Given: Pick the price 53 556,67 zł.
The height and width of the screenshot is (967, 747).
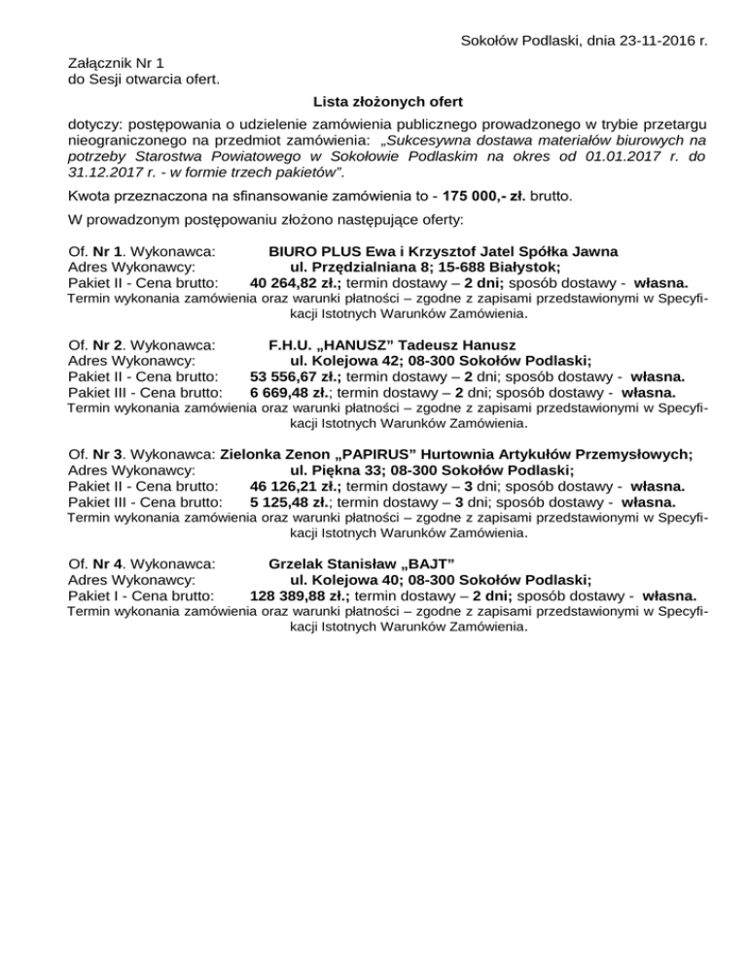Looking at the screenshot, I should (x=296, y=376).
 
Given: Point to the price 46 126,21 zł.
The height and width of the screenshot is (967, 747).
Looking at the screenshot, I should (x=296, y=485).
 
